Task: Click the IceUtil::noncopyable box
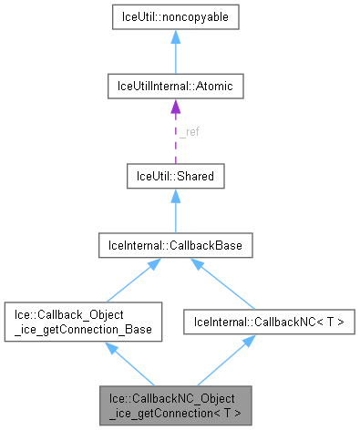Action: click(x=175, y=17)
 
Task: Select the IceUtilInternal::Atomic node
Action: click(x=175, y=87)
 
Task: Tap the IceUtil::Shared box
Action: click(x=175, y=176)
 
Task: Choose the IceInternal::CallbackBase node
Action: click(x=175, y=245)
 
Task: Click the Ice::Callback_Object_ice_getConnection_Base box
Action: click(x=84, y=322)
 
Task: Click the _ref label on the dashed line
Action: click(x=188, y=131)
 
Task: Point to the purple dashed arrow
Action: click(x=175, y=137)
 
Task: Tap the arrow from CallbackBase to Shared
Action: click(x=175, y=210)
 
